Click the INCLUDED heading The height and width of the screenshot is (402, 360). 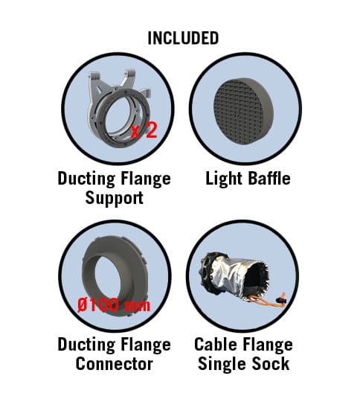point(183,38)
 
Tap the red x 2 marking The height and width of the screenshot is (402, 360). point(144,130)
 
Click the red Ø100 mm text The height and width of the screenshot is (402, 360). point(114,305)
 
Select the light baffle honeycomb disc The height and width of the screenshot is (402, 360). point(244,111)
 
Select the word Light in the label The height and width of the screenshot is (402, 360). point(224,179)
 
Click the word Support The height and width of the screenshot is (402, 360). point(115,198)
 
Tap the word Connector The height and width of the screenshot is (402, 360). point(115,364)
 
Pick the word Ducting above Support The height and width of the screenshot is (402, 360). point(86,179)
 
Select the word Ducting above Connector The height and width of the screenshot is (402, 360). point(86,345)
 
